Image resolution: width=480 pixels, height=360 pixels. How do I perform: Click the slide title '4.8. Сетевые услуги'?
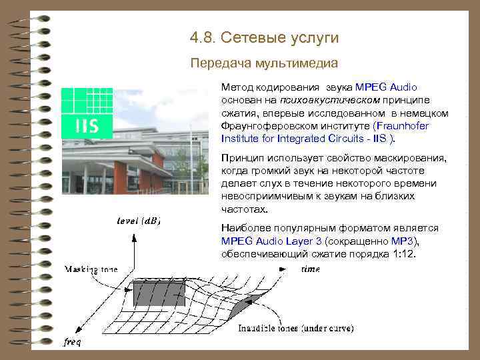264,38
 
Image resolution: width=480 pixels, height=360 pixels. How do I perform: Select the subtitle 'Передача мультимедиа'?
264,63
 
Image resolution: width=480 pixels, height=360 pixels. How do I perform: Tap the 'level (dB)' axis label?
138,221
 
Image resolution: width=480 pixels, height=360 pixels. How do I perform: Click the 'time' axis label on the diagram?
310,269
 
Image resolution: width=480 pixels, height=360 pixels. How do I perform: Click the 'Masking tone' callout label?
91,269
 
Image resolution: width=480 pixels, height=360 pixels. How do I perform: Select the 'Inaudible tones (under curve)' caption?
296,328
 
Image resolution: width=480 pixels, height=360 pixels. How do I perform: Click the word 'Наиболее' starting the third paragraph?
242,229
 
